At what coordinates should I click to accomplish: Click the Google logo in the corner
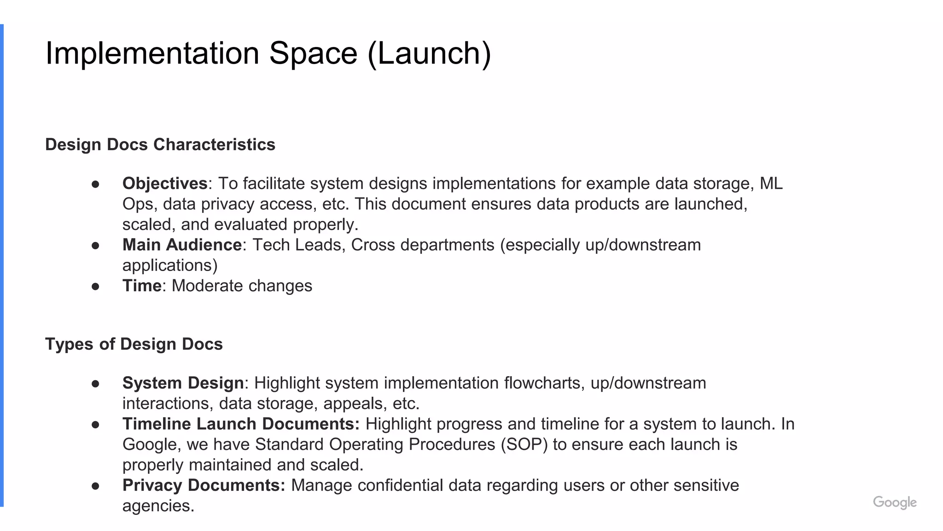pyautogui.click(x=894, y=502)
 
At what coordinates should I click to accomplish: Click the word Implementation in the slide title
pyautogui.click(x=152, y=53)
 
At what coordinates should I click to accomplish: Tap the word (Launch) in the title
pyautogui.click(x=429, y=54)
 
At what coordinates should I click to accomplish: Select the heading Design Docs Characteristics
pyautogui.click(x=160, y=145)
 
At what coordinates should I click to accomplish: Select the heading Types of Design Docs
pyautogui.click(x=134, y=344)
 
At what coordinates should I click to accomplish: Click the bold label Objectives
pyautogui.click(x=165, y=183)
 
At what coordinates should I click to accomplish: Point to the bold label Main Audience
pyautogui.click(x=182, y=245)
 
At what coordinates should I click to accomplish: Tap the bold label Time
pyautogui.click(x=142, y=286)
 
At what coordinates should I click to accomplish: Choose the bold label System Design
pyautogui.click(x=183, y=383)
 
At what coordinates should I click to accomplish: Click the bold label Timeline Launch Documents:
pyautogui.click(x=241, y=424)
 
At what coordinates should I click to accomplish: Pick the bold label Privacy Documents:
pyautogui.click(x=204, y=485)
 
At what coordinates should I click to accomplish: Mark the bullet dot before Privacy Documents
pyautogui.click(x=96, y=486)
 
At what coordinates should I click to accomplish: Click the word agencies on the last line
pyautogui.click(x=158, y=506)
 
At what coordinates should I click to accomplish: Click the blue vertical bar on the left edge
pyautogui.click(x=2, y=265)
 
